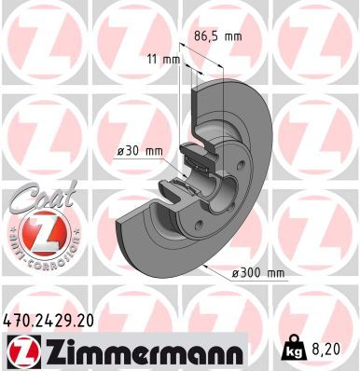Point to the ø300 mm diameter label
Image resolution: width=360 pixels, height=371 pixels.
coord(257,273)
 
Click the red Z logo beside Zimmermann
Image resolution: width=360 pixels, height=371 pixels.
coord(20,350)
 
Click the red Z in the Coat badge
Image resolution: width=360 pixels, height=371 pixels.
coord(38,233)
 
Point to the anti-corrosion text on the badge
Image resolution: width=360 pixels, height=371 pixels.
coord(38,261)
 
